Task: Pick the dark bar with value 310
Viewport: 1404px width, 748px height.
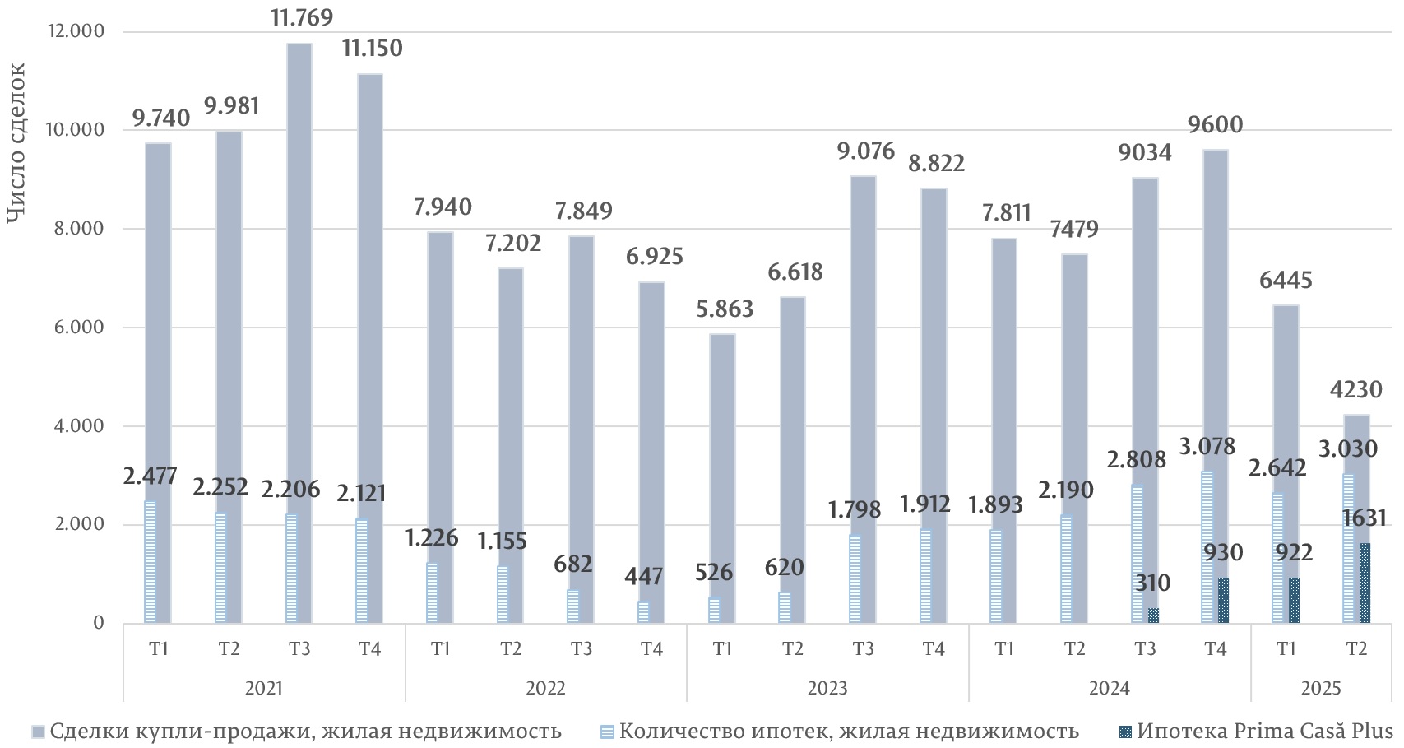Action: [1154, 616]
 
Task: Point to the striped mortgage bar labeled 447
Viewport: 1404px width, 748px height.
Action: [643, 612]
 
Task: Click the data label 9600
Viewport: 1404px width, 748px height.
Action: [1215, 125]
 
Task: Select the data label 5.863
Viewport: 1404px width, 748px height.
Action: [723, 309]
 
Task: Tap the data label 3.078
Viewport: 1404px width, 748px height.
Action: [1207, 446]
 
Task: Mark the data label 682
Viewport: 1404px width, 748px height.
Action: [573, 564]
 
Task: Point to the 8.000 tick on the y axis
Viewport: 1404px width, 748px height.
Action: [83, 229]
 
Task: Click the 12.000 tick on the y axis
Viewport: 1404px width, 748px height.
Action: [78, 31]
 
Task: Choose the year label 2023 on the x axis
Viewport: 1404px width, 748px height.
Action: [827, 688]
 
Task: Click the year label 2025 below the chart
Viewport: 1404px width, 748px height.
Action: [1321, 688]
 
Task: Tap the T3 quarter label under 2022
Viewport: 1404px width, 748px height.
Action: [582, 649]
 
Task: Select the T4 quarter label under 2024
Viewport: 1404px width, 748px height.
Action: [1215, 649]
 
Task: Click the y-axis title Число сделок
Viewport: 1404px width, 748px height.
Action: [17, 144]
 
